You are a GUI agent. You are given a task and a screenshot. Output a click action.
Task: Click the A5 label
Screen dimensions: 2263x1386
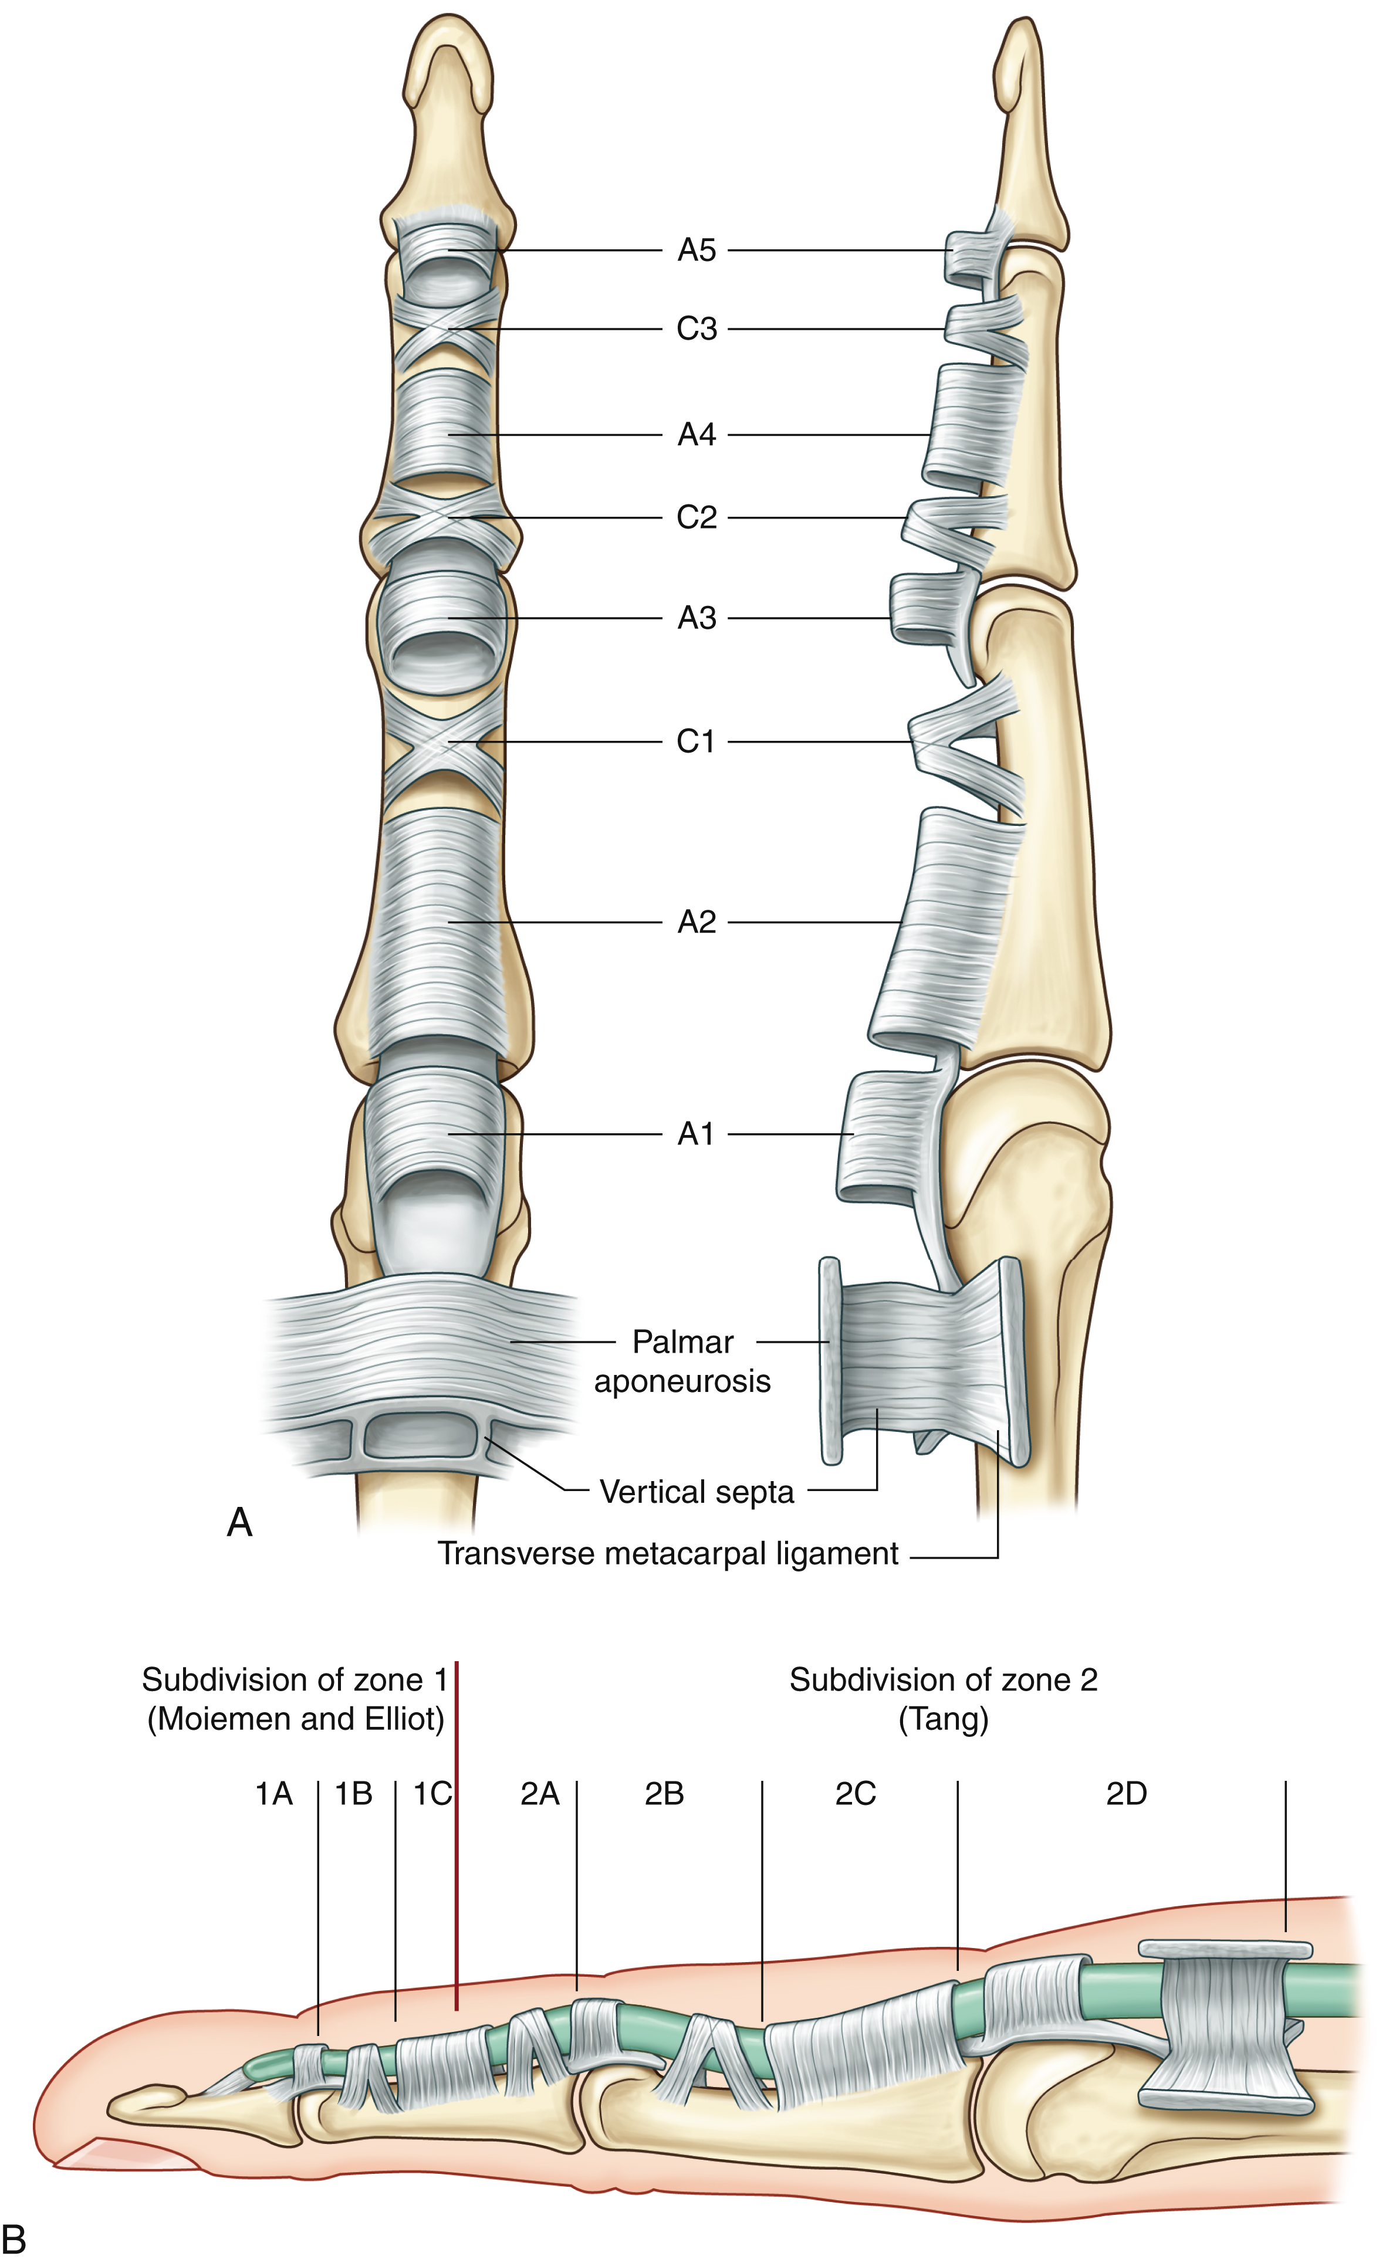696,250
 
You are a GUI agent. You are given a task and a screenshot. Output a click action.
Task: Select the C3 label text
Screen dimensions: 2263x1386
696,329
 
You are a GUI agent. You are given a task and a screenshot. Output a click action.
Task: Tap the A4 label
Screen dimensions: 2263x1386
696,435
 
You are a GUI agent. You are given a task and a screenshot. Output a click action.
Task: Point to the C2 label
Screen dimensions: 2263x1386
696,518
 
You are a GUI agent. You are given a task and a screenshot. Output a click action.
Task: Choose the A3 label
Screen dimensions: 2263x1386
696,618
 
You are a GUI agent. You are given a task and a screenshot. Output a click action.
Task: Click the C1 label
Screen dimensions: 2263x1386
696,741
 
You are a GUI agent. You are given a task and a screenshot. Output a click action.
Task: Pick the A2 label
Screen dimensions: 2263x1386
696,922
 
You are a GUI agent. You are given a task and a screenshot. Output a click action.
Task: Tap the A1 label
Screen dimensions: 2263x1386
696,1134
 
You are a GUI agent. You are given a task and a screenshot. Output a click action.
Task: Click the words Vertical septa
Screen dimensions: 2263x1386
696,1492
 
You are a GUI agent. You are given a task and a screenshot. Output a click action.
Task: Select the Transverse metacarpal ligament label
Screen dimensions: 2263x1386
668,1553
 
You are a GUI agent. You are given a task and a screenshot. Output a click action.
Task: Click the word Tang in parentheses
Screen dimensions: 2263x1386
944,1719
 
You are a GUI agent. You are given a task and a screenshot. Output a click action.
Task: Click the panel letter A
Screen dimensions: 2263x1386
240,1522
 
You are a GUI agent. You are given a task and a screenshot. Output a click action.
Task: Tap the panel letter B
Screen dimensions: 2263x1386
13,2238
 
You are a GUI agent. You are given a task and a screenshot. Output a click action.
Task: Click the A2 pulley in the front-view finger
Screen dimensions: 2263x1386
441,927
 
